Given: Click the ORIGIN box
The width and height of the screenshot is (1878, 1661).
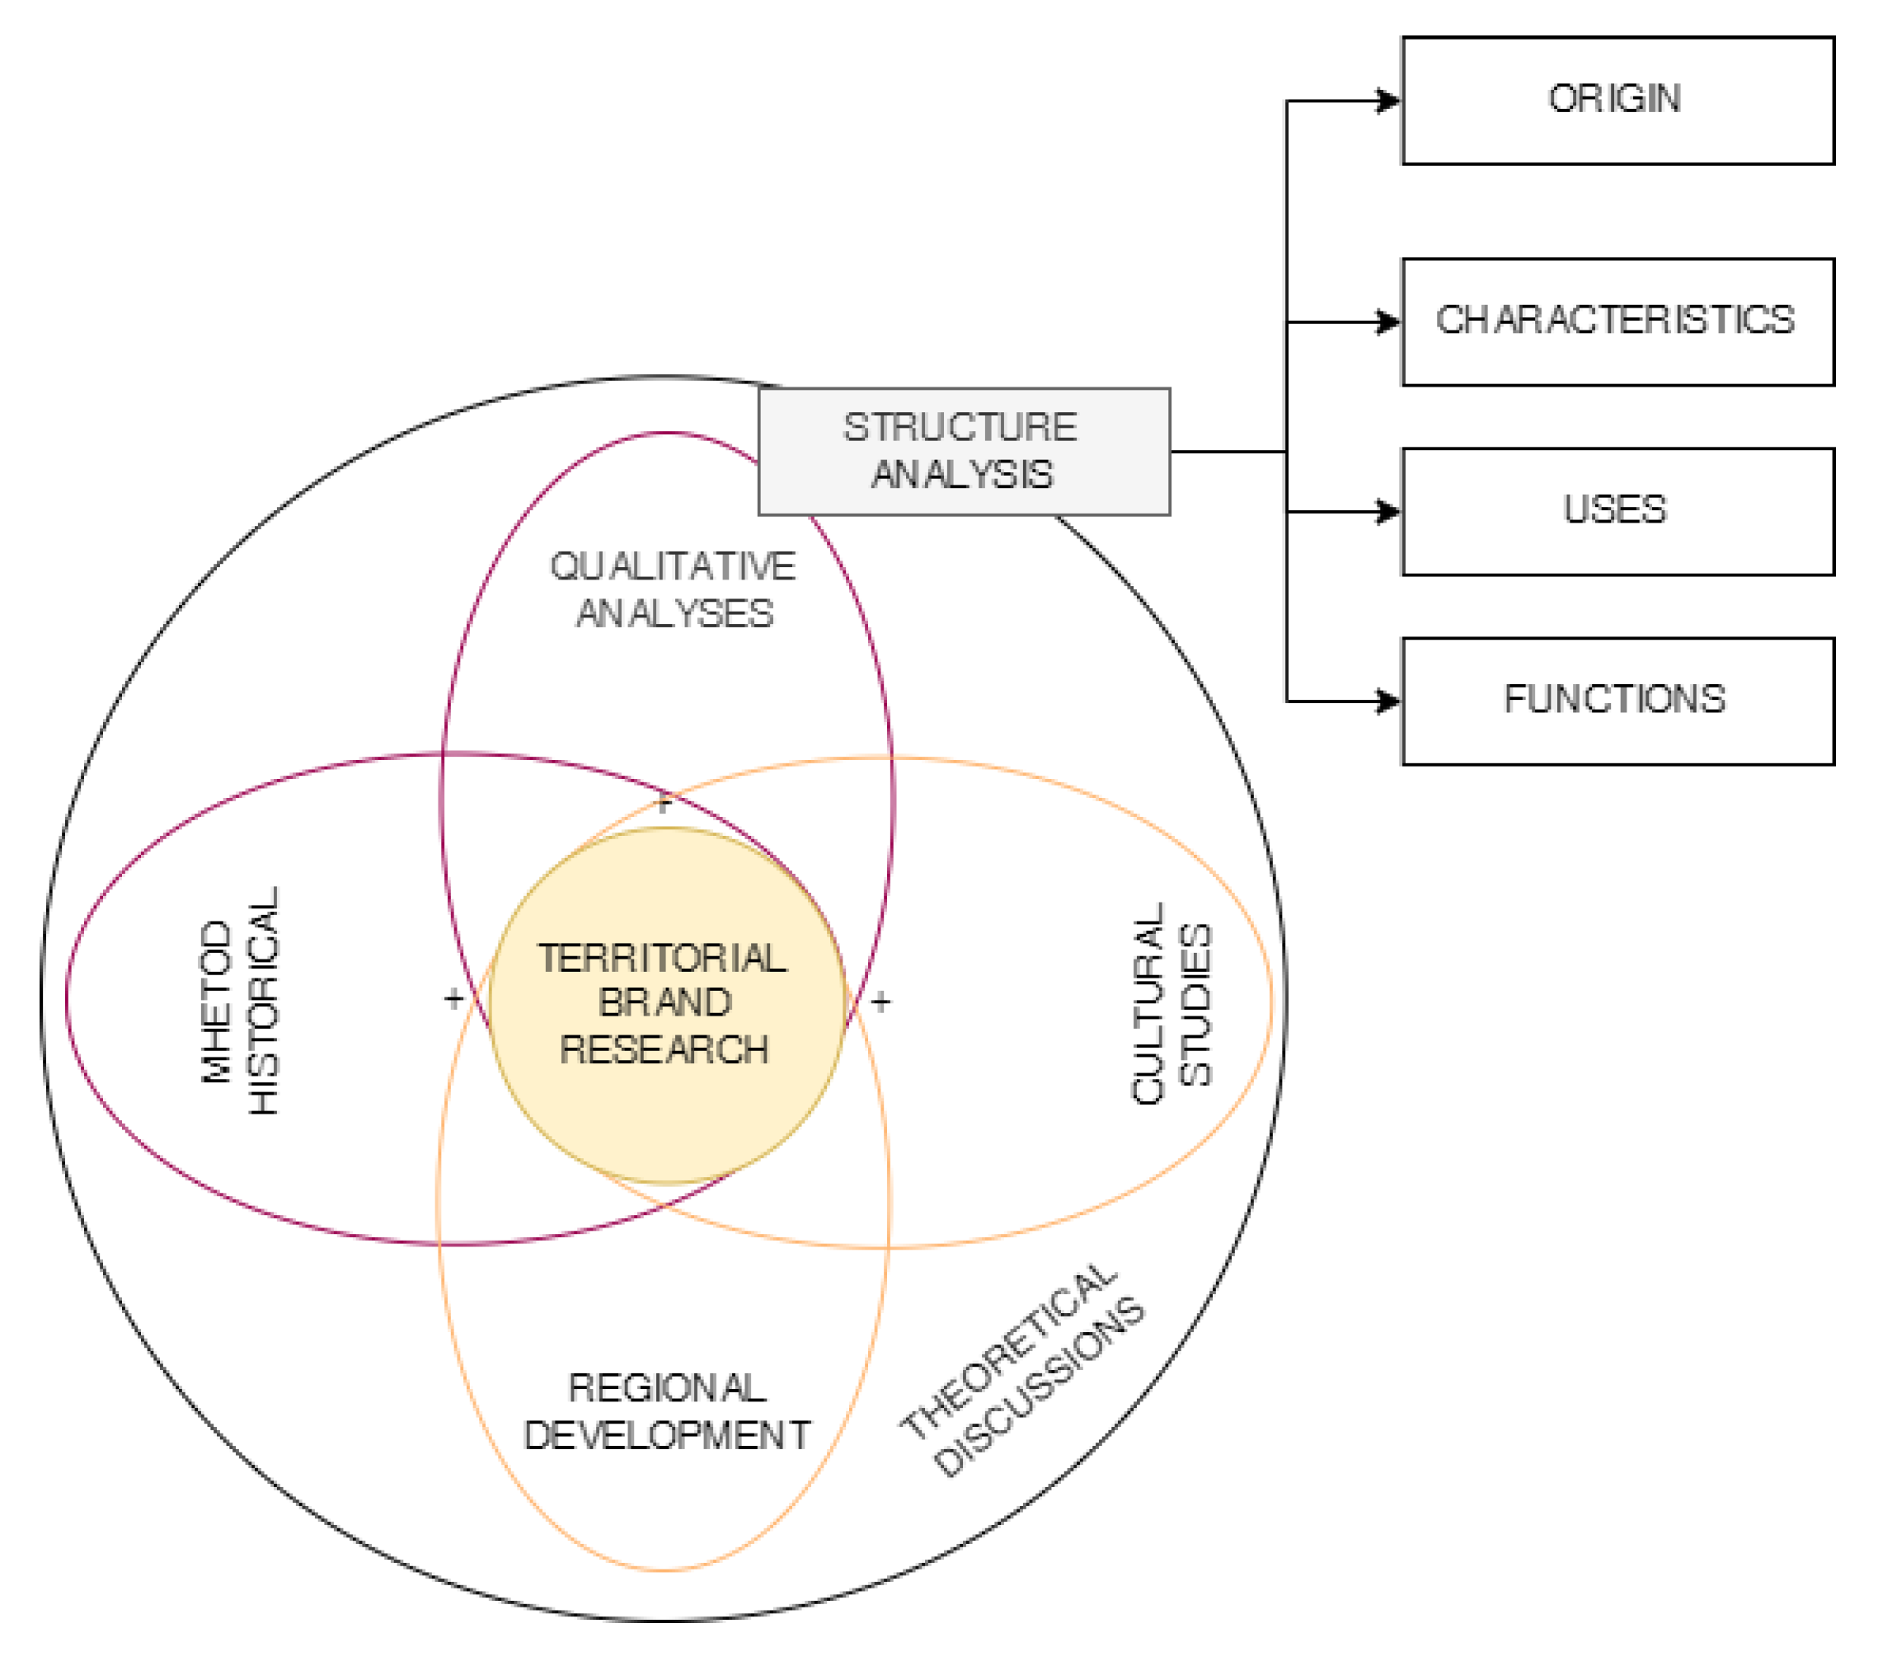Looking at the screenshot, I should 1617,101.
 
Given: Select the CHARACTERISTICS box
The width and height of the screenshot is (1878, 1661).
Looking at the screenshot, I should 1617,321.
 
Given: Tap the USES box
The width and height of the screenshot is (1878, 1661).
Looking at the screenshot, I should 1617,512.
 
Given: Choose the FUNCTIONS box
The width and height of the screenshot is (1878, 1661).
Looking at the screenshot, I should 1617,701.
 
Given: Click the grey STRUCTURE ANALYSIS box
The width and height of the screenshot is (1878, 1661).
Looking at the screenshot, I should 964,451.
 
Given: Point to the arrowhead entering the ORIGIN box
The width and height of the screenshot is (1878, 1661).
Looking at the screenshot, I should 1388,101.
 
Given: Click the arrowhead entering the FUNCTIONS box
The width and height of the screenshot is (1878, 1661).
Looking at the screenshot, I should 1388,701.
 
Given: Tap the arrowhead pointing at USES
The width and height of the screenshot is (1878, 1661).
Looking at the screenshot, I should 1388,512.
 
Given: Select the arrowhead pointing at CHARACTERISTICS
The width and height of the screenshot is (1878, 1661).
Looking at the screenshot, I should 1388,322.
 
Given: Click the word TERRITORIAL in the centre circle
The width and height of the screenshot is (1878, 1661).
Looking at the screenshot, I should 663,958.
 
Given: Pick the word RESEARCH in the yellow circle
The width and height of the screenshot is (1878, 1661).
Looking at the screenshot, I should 664,1049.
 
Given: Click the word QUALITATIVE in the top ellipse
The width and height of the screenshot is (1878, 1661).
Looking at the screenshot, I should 673,566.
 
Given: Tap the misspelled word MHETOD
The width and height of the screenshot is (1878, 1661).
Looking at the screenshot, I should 217,1002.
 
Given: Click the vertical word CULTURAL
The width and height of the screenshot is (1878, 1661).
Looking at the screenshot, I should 1148,1003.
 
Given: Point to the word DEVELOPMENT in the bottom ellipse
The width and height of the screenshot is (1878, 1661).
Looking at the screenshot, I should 667,1435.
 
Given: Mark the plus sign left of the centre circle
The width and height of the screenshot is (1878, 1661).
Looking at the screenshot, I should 453,997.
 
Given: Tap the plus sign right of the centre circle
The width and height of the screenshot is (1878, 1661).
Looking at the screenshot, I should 880,1001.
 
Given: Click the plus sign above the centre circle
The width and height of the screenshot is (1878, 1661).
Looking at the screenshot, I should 664,804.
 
